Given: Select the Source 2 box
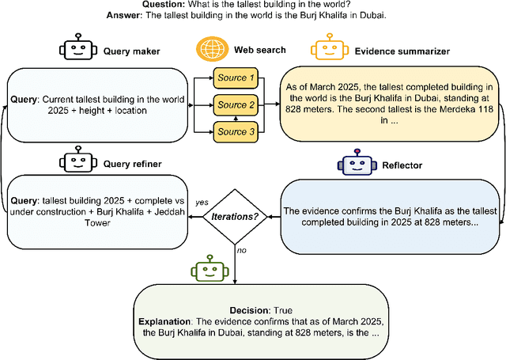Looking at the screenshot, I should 238,105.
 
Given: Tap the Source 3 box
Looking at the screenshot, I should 238,131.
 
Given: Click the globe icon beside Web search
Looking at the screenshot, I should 210,50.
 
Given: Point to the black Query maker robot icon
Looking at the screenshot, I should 77,50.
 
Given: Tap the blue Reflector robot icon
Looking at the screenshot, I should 353,164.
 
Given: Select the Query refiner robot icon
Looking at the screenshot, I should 77,164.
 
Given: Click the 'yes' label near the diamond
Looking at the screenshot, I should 202,202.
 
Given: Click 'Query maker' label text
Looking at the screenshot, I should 131,51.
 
